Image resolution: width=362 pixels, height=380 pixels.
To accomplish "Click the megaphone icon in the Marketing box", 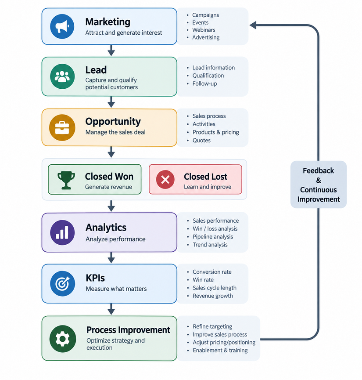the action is click(x=62, y=26).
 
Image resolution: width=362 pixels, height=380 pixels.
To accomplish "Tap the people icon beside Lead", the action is click(x=62, y=76).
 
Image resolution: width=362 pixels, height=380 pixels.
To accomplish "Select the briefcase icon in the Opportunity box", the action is click(x=62, y=127).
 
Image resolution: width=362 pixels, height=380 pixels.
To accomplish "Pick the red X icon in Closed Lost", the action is click(x=165, y=180).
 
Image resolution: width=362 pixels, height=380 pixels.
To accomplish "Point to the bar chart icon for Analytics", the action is click(x=62, y=232).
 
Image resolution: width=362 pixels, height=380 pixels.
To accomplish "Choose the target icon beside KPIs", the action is click(x=62, y=283).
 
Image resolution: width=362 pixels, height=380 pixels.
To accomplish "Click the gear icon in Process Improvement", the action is click(x=62, y=339).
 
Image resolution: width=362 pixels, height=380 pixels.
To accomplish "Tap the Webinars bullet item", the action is click(x=204, y=30).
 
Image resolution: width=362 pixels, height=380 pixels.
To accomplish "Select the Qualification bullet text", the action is click(x=208, y=76).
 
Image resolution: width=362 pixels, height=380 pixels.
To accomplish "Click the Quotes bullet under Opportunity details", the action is click(x=201, y=140).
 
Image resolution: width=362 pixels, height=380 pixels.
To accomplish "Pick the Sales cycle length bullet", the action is click(x=214, y=288).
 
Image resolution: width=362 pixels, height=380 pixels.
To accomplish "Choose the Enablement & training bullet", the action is click(x=220, y=350).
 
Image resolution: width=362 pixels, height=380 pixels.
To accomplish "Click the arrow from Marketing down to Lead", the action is click(x=111, y=50).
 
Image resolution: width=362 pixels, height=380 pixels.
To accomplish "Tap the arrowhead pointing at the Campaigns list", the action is click(x=253, y=25).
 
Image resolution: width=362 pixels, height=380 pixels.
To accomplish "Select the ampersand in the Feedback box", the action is click(x=319, y=180).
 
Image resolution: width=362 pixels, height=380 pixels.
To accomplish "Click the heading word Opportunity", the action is click(x=113, y=121).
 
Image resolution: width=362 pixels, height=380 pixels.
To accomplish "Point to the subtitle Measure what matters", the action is click(x=116, y=289).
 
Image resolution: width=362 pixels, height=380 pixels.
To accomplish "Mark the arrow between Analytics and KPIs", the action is click(x=111, y=257).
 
